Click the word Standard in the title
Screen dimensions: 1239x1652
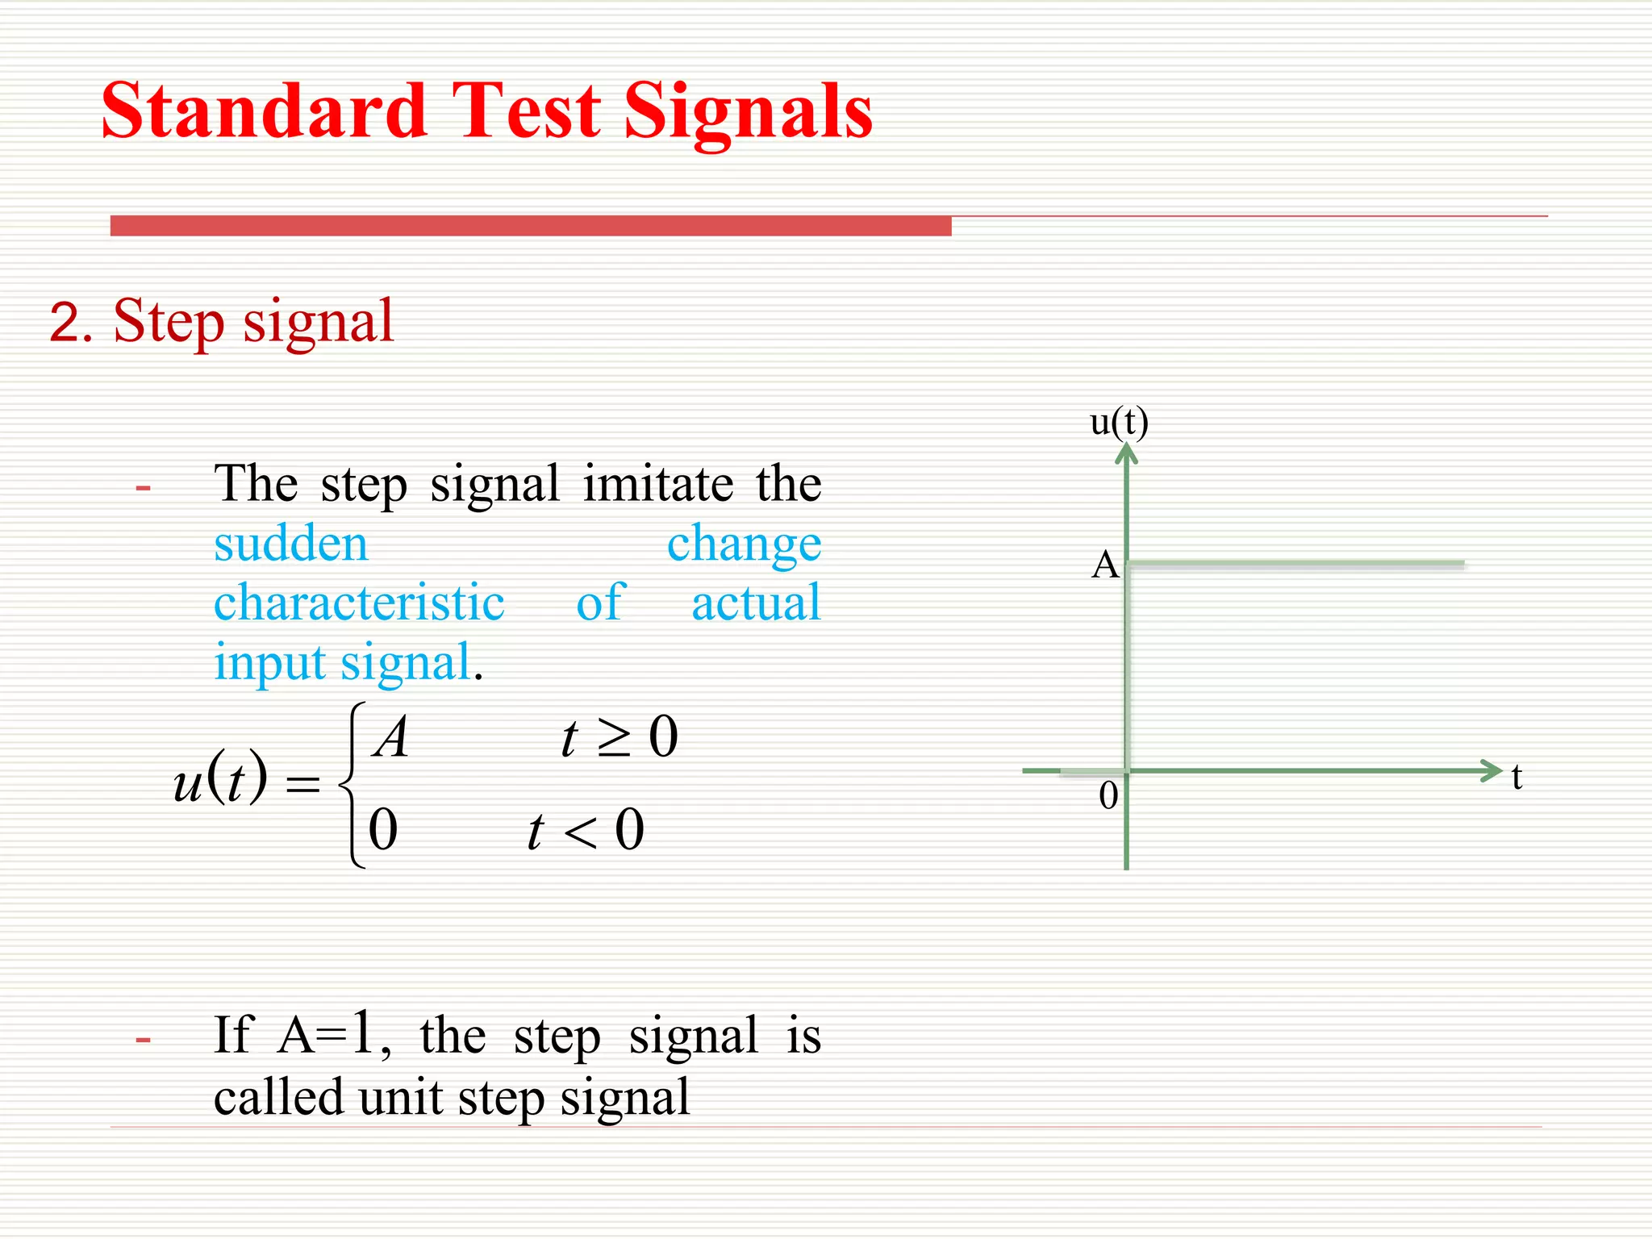(263, 111)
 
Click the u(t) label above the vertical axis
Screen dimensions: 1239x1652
(1119, 422)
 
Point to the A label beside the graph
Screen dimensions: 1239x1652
(1104, 565)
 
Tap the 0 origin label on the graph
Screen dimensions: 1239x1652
(1108, 796)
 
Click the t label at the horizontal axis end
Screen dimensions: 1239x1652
(1516, 777)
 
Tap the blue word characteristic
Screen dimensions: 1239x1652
(359, 603)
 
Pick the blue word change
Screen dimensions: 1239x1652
(744, 544)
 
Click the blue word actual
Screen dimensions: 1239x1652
(756, 603)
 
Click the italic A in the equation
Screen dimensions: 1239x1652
(392, 737)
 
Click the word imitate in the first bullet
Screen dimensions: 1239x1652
(657, 484)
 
